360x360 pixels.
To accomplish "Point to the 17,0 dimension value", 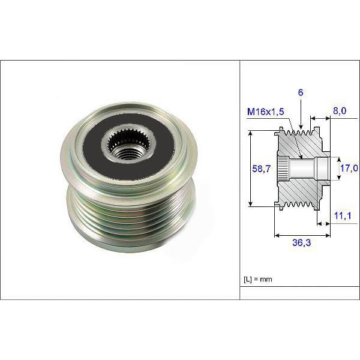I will (350, 169).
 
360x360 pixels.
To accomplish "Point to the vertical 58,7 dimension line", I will (250, 169).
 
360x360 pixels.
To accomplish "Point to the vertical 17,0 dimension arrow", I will (335, 168).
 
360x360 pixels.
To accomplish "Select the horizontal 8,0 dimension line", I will (320, 119).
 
